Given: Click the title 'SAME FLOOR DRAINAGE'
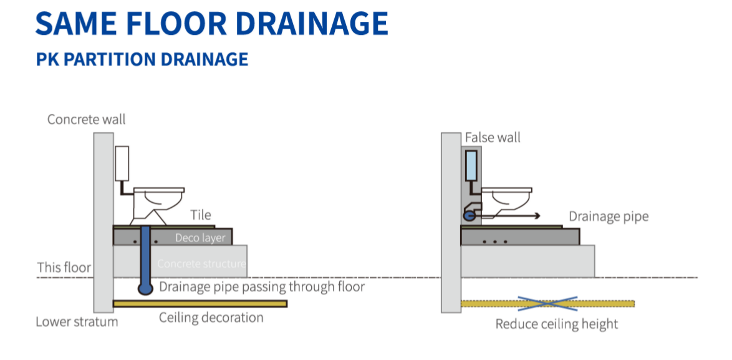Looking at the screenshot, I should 212,23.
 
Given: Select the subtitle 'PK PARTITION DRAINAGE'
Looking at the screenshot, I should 142,59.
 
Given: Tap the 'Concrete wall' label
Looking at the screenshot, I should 86,119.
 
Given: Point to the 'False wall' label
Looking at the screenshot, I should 493,137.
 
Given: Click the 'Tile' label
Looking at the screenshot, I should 201,215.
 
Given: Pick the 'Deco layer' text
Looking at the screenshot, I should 200,238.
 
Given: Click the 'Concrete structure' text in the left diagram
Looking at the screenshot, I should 201,264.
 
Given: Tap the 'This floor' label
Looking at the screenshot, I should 64,268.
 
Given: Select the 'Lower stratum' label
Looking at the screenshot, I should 76,322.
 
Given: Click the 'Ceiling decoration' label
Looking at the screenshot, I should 211,318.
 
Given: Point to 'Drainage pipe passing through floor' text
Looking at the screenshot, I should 262,287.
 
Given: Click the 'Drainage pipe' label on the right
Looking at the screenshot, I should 609,216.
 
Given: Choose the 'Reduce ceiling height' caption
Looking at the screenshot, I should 556,324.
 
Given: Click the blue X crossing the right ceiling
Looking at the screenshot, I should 547,303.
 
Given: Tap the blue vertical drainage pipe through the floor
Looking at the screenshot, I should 146,256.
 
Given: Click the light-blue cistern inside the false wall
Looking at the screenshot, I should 471,165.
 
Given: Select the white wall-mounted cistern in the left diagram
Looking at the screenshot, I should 122,163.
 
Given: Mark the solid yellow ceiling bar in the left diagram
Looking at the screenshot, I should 200,304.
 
